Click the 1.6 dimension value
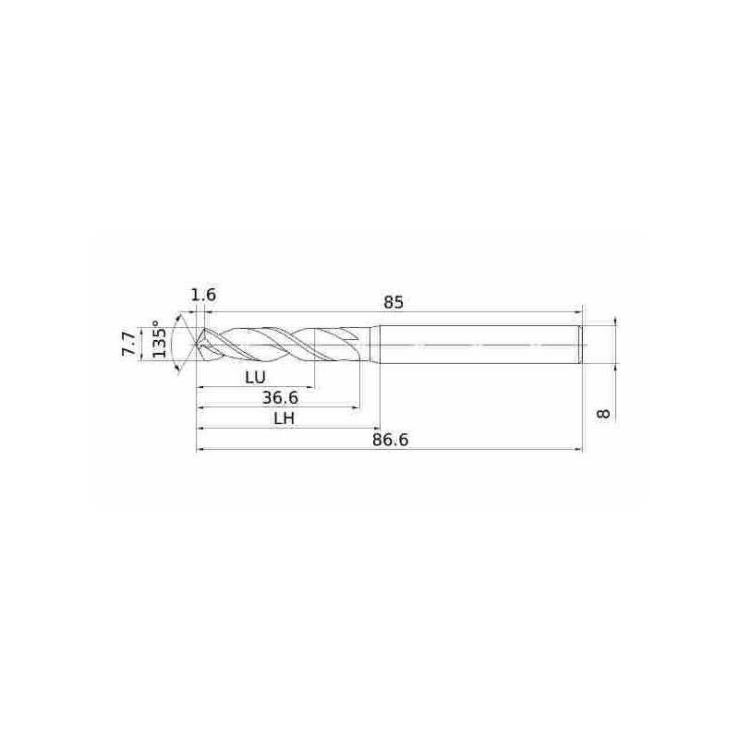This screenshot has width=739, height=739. point(203,295)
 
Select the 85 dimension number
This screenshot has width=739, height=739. point(394,302)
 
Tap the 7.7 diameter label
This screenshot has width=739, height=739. point(129,345)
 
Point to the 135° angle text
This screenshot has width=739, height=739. point(159,338)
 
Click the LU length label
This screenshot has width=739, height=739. point(256,377)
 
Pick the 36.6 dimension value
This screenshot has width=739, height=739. point(280,398)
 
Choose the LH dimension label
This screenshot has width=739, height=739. point(285,418)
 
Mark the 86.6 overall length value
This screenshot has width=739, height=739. point(390,440)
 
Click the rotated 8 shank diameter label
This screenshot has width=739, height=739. point(603,414)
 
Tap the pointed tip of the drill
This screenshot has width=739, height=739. point(197,345)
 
